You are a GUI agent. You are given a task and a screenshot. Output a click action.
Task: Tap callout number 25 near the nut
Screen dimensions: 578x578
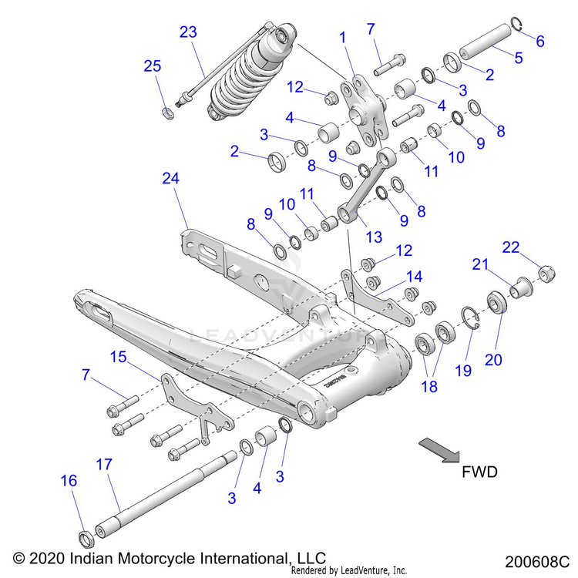tap(153, 66)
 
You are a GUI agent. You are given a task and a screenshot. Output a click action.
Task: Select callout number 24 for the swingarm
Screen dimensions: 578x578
tap(170, 178)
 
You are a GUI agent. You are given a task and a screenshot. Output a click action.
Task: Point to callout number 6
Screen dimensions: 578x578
tap(539, 41)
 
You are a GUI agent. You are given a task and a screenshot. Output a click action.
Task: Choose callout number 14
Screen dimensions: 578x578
tap(415, 275)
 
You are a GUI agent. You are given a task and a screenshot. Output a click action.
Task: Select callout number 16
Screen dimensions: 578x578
tap(69, 480)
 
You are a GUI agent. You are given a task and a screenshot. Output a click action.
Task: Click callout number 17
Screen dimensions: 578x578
tap(104, 465)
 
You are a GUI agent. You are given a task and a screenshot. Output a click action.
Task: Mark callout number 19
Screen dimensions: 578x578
tap(462, 370)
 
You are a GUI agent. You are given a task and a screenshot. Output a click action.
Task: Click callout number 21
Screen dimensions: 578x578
tap(481, 264)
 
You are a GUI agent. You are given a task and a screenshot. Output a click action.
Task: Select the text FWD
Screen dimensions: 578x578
tap(479, 472)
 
